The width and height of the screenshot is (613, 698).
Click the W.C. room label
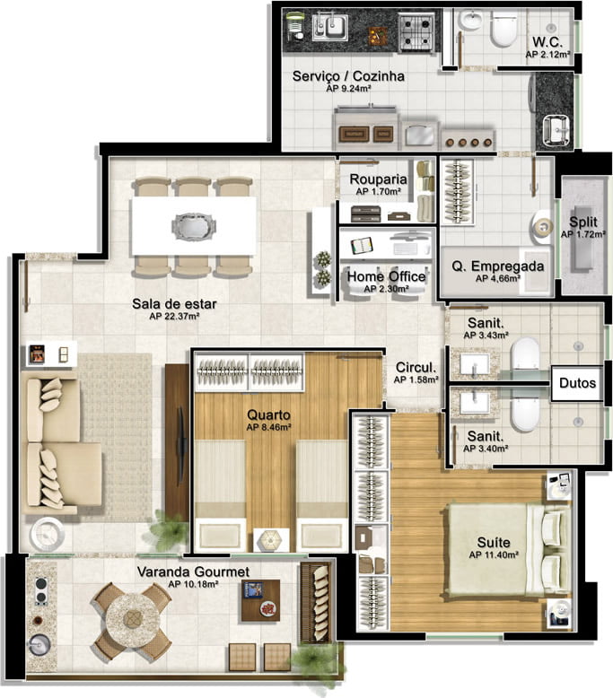tap(547, 42)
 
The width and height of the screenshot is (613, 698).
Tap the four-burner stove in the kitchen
tap(416, 32)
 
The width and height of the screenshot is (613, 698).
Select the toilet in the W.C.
tap(504, 29)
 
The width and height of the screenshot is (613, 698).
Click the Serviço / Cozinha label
tap(348, 76)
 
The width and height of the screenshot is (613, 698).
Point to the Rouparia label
tap(378, 179)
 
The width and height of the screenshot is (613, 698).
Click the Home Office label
tap(386, 276)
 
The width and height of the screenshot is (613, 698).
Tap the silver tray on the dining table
tap(194, 226)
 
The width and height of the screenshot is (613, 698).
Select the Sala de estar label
tap(174, 304)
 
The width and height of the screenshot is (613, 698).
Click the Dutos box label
tap(577, 383)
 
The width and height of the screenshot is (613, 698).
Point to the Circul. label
tap(416, 367)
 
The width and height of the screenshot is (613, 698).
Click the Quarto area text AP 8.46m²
tap(268, 427)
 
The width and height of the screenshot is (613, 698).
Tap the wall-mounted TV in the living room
tap(180, 446)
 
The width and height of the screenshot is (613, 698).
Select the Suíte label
tap(494, 542)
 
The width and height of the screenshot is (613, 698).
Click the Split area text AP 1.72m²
tap(583, 234)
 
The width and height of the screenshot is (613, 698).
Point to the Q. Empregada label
tap(498, 266)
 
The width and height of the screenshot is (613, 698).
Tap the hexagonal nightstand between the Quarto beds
tap(271, 540)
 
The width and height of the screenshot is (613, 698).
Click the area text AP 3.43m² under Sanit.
tap(486, 336)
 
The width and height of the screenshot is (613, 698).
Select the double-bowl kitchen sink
tap(329, 28)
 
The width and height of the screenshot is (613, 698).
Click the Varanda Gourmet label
tap(193, 571)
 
